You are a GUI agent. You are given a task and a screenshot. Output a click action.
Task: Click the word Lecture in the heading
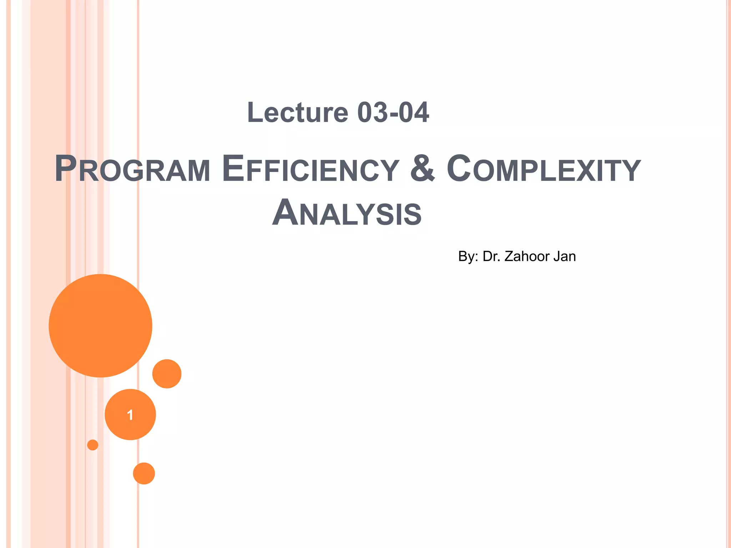[297, 112]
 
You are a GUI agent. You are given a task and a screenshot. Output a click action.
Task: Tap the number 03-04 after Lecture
[393, 112]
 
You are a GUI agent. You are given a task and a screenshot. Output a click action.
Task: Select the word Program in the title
[132, 169]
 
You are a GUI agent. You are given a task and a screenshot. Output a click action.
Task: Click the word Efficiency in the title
[310, 169]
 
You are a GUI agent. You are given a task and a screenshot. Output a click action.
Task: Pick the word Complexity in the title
[544, 169]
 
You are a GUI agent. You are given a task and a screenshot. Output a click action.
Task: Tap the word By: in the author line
[468, 257]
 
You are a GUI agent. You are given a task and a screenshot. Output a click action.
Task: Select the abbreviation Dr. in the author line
[491, 257]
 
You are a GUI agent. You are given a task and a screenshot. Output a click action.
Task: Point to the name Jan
[565, 257]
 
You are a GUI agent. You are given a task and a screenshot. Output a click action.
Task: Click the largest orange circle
[100, 326]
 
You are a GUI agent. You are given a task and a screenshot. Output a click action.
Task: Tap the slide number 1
[130, 415]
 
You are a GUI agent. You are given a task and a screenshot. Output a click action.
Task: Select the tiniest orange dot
[93, 445]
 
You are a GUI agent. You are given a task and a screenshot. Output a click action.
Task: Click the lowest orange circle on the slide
[144, 473]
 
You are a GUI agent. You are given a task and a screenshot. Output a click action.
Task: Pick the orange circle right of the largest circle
[167, 374]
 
